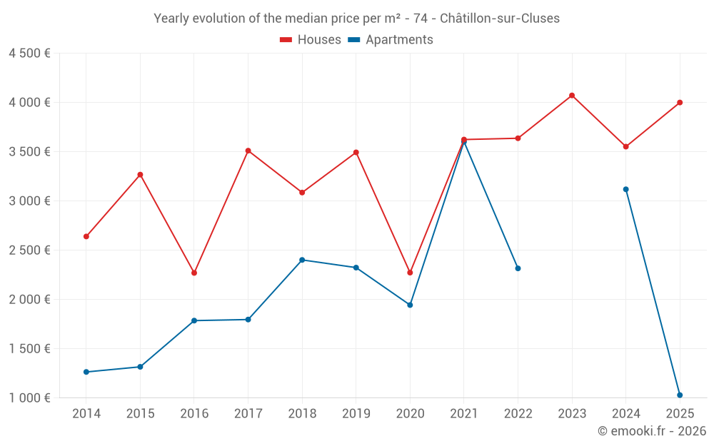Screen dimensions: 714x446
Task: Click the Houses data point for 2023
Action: [x=572, y=96]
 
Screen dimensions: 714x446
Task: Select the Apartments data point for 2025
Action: [x=680, y=395]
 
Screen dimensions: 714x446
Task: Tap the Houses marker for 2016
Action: [x=194, y=273]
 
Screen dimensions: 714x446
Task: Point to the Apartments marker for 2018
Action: [x=302, y=260]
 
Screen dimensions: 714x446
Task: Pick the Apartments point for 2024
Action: [x=625, y=189]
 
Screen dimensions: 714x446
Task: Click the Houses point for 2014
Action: [x=86, y=237]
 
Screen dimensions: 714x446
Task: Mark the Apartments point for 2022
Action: [x=518, y=268]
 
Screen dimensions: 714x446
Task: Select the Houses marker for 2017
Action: [x=248, y=151]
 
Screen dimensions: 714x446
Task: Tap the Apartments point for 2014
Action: [x=86, y=372]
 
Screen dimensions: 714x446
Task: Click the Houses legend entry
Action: [x=311, y=39]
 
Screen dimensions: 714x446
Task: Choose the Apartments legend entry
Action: [x=391, y=39]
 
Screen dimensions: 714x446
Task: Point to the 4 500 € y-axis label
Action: [x=29, y=54]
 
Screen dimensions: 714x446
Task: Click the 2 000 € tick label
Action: [x=29, y=300]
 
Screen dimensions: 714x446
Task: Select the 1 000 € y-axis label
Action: [x=29, y=397]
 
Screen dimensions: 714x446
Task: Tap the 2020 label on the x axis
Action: [x=410, y=413]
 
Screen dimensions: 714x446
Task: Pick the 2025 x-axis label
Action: [x=680, y=413]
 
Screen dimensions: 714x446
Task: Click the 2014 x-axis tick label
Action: [x=86, y=413]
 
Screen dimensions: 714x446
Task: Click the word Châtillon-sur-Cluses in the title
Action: [x=500, y=19]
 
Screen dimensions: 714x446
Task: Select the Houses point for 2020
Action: [x=410, y=273]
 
